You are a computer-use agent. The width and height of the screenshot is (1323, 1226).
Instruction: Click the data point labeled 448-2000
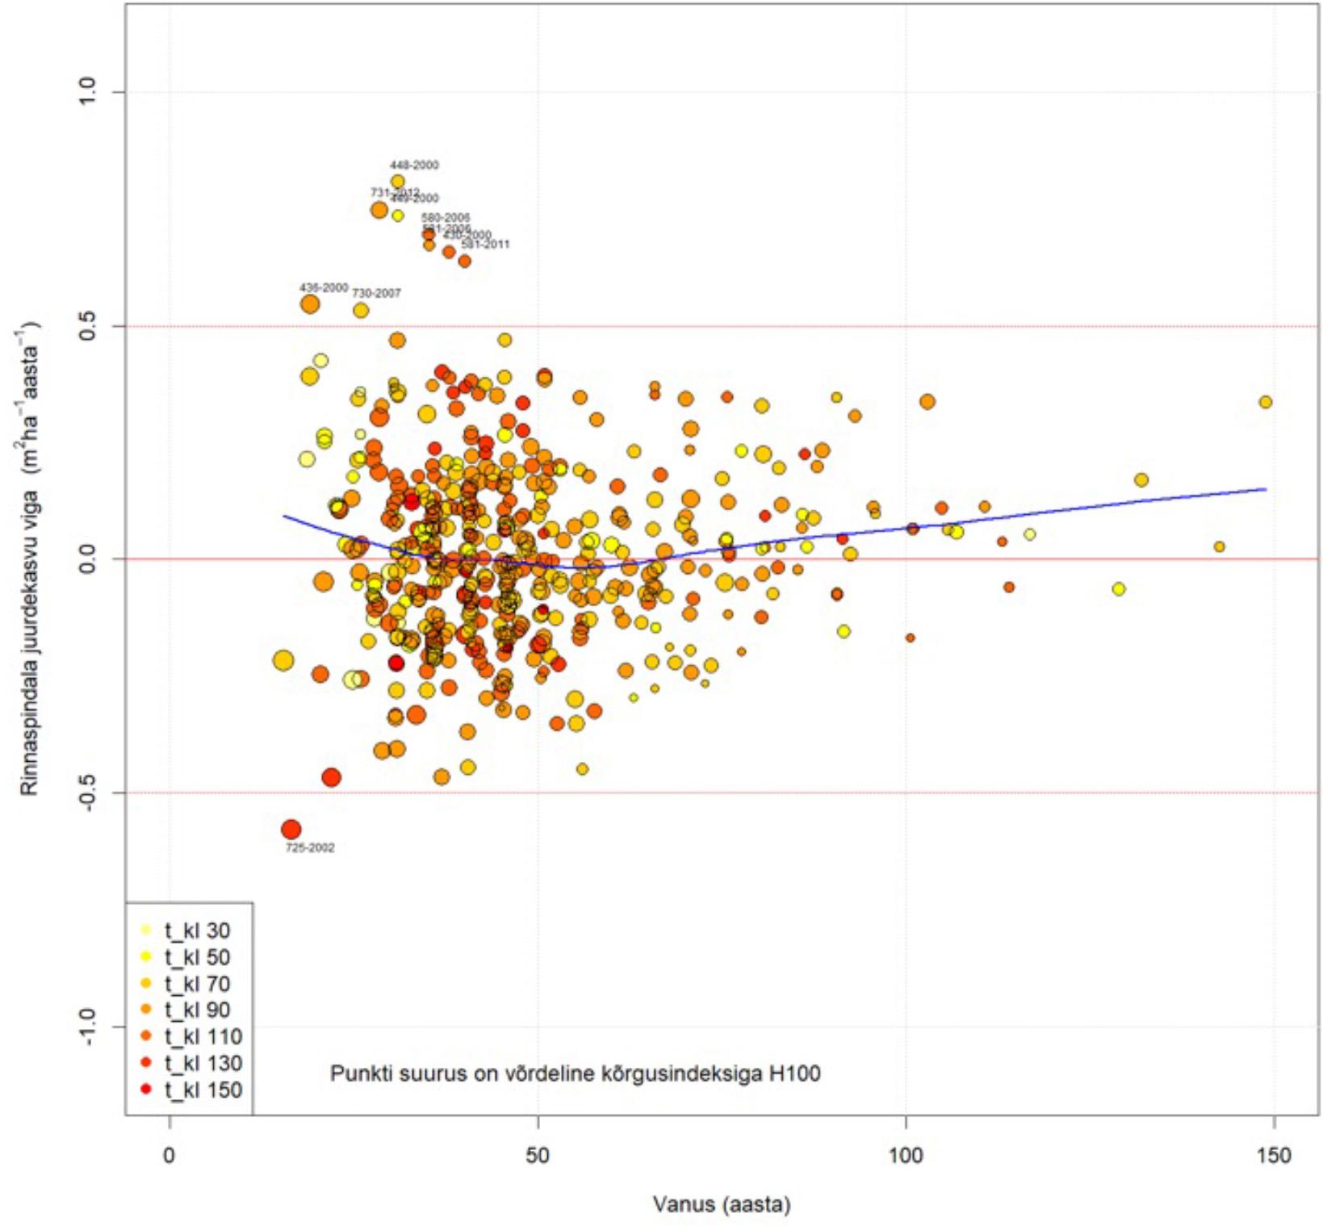(x=397, y=182)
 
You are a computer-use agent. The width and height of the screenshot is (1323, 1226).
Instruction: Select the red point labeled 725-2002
(x=291, y=829)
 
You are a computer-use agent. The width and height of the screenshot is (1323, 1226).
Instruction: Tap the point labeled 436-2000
(x=310, y=304)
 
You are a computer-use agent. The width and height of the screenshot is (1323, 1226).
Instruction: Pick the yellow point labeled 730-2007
(x=361, y=310)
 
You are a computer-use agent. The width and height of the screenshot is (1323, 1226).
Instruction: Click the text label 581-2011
(x=485, y=245)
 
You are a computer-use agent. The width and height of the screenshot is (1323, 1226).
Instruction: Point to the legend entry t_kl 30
(x=197, y=931)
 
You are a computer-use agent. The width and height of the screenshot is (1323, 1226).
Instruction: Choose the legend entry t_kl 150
(x=203, y=1090)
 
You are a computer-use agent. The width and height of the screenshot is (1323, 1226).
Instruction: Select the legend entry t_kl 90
(x=197, y=1010)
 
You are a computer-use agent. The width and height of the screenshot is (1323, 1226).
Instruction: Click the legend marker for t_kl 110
(x=146, y=1036)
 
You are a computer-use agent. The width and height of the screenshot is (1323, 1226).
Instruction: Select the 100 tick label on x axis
(x=906, y=1156)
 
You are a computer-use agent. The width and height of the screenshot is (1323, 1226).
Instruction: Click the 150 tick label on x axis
(x=1274, y=1156)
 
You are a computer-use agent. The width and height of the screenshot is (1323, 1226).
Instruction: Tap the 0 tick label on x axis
(x=170, y=1156)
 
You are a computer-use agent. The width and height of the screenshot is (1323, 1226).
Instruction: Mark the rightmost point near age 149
(x=1265, y=402)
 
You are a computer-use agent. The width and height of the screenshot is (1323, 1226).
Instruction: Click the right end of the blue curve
(x=1265, y=489)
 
